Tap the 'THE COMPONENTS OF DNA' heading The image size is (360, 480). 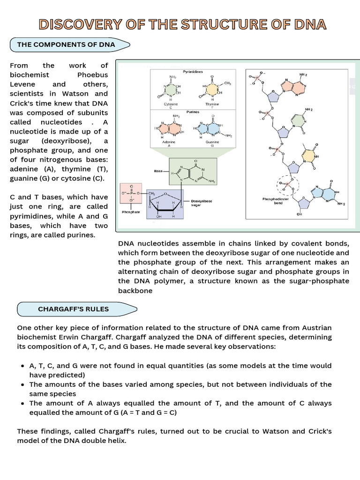pyautogui.click(x=66, y=45)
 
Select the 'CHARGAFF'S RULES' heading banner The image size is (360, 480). pyautogui.click(x=73, y=309)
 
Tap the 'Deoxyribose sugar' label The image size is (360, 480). pyautogui.click(x=202, y=203)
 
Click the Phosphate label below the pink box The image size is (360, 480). pyautogui.click(x=131, y=212)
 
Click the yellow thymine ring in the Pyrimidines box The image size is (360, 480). pyautogui.click(x=212, y=89)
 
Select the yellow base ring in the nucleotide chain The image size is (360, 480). pyautogui.click(x=309, y=156)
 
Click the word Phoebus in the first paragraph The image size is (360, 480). pyautogui.click(x=92, y=75)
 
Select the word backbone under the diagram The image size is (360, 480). pyautogui.click(x=135, y=290)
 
